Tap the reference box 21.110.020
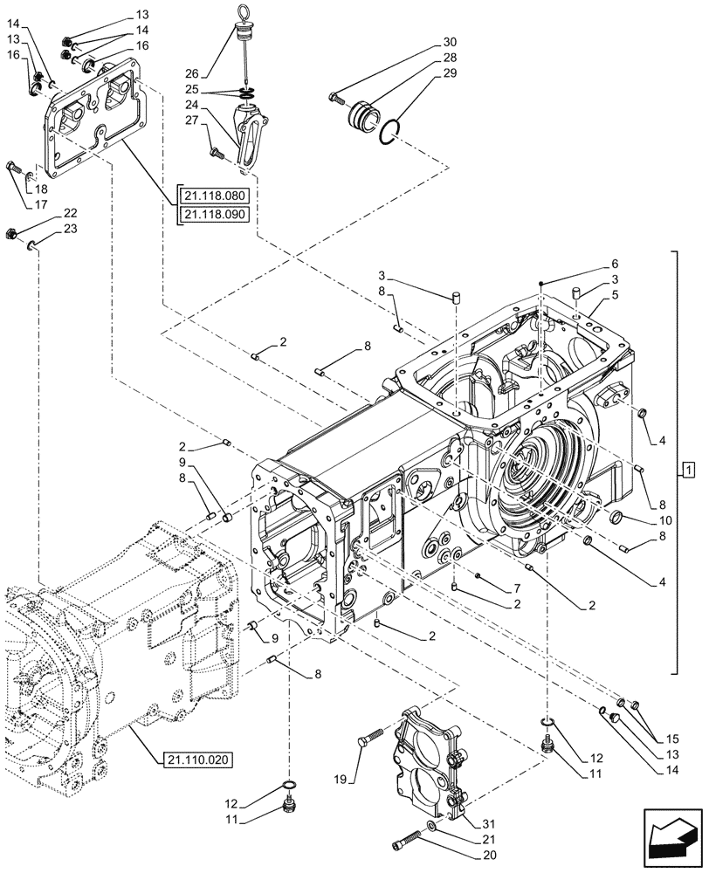click(x=197, y=760)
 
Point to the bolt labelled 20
click(x=404, y=843)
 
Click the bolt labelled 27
click(x=215, y=154)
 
